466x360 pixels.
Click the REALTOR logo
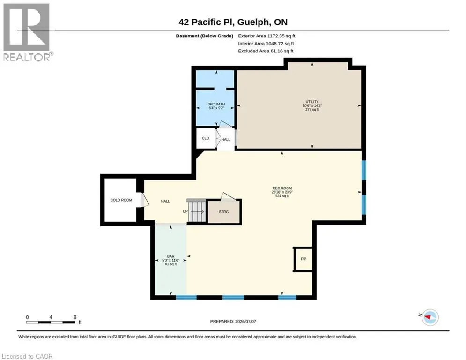27,32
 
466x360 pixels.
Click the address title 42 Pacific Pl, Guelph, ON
233,22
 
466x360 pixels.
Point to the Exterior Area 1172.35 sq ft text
266,36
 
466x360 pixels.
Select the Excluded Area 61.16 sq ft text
266,51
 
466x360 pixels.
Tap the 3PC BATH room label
216,104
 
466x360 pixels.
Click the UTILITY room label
312,102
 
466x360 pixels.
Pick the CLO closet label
205,138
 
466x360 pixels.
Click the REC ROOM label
282,188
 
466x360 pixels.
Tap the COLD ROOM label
121,200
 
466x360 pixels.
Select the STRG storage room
224,212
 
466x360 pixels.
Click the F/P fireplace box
303,259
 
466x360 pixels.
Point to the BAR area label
170,256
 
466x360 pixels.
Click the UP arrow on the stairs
197,212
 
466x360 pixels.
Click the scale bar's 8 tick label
75,317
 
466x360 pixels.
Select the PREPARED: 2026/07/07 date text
233,321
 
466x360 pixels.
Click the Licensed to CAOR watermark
27,356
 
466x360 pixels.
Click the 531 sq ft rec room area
282,196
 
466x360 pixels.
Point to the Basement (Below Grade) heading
205,36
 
